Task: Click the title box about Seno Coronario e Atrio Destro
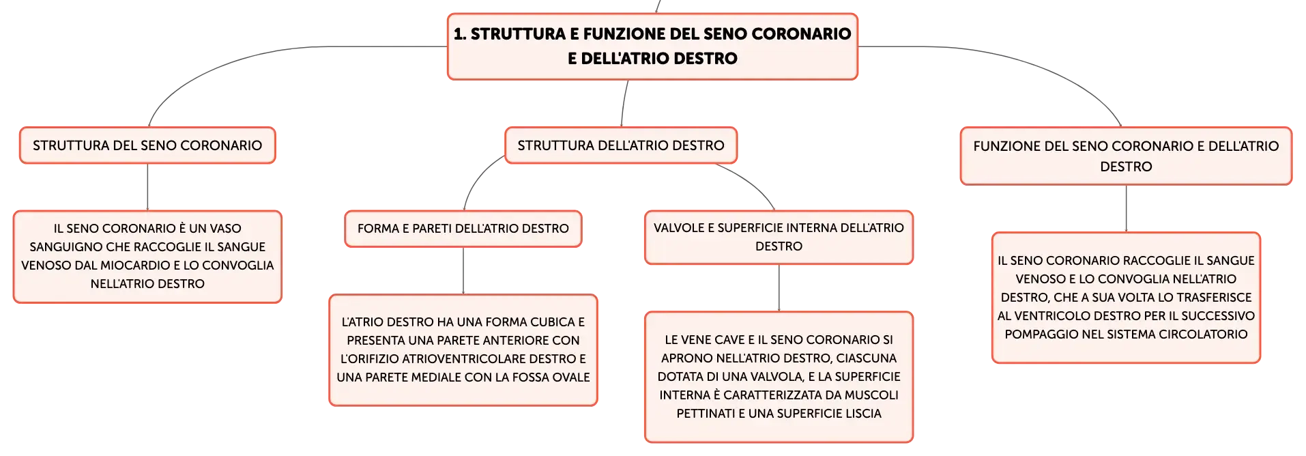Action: (x=652, y=46)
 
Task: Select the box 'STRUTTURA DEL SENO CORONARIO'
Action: (x=147, y=145)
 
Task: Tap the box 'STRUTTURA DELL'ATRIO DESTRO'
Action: (x=621, y=145)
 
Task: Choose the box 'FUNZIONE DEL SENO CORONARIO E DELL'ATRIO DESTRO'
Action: (x=1126, y=156)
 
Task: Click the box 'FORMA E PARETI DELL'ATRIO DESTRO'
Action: (x=463, y=229)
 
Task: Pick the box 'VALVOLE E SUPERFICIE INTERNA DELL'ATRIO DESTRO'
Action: (x=779, y=237)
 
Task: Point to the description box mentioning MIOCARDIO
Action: (x=147, y=257)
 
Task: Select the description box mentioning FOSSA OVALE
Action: (x=463, y=350)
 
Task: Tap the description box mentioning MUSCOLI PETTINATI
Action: (x=779, y=377)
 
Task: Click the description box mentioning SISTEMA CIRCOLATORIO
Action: (x=1126, y=298)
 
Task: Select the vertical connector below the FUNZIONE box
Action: (x=1126, y=209)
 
